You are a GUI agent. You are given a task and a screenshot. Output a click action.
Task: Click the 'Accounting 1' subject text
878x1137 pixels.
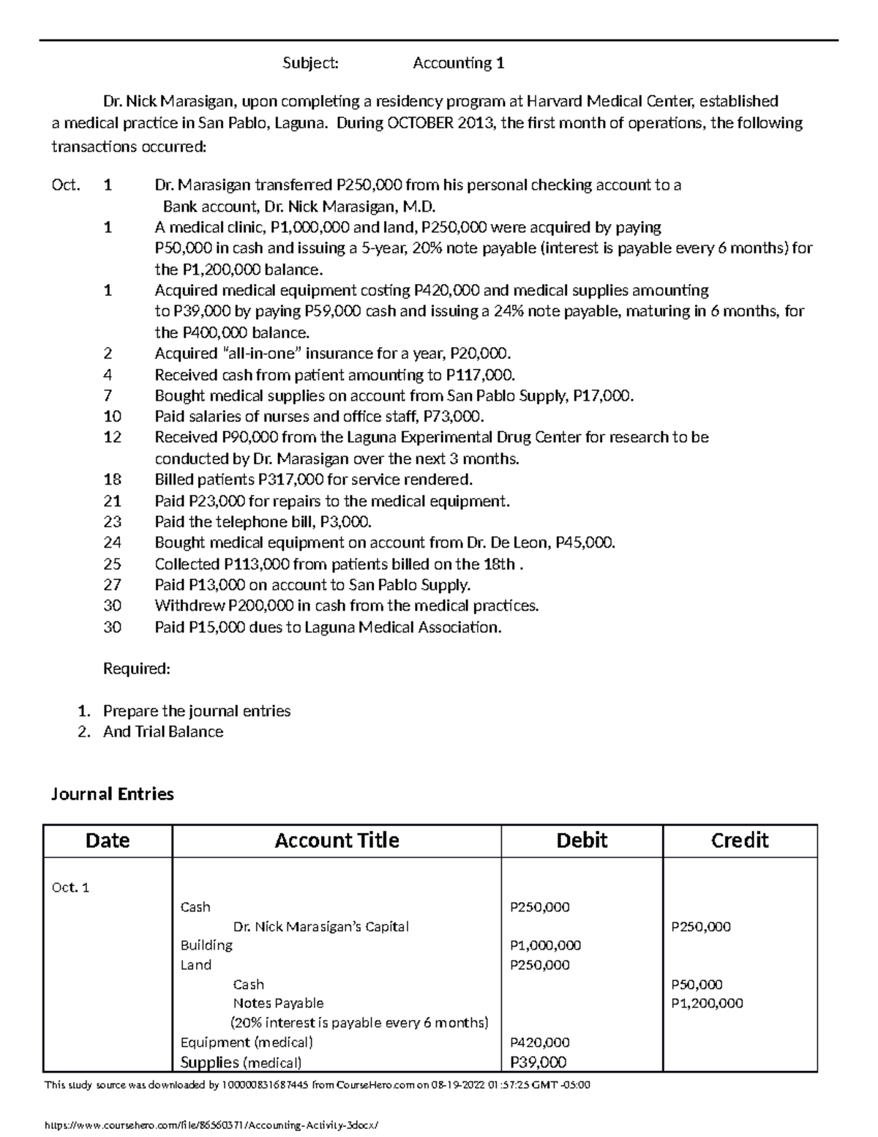click(458, 64)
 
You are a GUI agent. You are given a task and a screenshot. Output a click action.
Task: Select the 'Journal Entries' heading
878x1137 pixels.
click(112, 794)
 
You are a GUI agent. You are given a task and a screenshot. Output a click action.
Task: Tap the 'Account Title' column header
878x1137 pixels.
click(337, 840)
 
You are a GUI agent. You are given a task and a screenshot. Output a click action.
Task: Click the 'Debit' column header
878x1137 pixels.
click(582, 840)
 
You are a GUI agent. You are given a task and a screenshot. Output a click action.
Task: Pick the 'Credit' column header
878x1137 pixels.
click(740, 840)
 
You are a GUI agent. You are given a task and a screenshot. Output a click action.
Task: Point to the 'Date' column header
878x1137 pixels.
click(108, 840)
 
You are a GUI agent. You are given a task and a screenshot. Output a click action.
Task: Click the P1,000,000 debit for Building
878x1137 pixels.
click(545, 946)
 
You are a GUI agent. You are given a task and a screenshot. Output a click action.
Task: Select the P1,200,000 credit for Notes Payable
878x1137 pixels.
click(707, 1004)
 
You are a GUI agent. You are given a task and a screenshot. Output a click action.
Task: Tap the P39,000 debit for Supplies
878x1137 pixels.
click(538, 1063)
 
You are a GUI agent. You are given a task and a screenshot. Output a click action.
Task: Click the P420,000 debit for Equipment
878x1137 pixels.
click(539, 1043)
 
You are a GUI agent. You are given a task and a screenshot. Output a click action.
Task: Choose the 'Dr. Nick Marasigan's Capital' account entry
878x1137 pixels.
click(320, 927)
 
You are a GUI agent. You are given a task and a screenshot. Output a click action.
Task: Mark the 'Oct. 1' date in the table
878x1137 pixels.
click(70, 888)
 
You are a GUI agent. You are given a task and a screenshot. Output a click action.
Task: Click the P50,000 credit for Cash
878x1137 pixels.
click(697, 985)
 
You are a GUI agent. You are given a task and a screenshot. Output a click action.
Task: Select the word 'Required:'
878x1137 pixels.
click(136, 669)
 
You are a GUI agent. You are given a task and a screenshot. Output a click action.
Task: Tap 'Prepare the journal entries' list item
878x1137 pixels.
click(196, 712)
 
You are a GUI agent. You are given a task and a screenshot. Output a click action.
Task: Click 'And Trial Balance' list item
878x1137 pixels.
click(162, 732)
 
